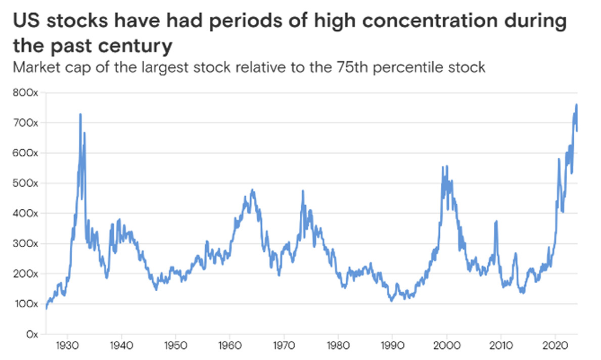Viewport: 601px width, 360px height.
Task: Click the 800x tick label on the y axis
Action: pyautogui.click(x=22, y=93)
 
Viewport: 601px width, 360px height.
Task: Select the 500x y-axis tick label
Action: pyautogui.click(x=22, y=184)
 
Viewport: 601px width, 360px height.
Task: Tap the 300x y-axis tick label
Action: pyautogui.click(x=22, y=244)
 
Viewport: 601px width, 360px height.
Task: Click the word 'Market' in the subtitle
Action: pyautogui.click(x=32, y=67)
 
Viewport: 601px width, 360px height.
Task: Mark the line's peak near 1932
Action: pyautogui.click(x=80, y=114)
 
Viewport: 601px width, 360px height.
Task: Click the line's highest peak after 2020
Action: pyautogui.click(x=576, y=105)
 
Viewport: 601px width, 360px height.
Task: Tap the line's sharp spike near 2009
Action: pyautogui.click(x=496, y=221)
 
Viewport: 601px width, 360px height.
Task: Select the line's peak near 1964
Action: pyautogui.click(x=252, y=190)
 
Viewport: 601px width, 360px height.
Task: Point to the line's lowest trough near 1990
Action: pyautogui.click(x=391, y=301)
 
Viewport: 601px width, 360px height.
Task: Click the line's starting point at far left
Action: pyautogui.click(x=46, y=308)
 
